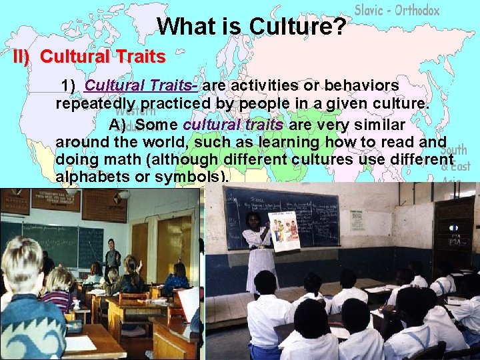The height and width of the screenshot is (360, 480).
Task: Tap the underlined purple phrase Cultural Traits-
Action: (142, 86)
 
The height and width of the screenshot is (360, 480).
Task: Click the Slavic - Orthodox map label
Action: (397, 10)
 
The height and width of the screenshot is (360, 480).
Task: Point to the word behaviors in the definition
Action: (357, 86)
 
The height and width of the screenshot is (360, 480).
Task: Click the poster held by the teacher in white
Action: (284, 229)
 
